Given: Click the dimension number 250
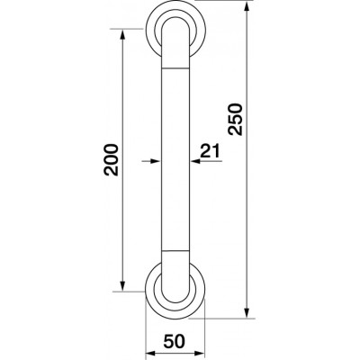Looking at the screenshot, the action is [235, 120].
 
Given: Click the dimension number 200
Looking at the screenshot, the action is [111, 160].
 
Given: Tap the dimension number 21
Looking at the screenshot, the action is [210, 151].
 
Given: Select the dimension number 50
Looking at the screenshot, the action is [175, 341].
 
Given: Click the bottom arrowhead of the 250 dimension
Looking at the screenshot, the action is [247, 312].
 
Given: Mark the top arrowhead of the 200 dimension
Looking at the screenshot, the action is [122, 34].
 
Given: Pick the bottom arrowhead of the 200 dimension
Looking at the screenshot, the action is [122, 286].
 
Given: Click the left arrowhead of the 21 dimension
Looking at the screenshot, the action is [156, 161].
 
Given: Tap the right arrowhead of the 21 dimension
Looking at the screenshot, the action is [195, 161].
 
